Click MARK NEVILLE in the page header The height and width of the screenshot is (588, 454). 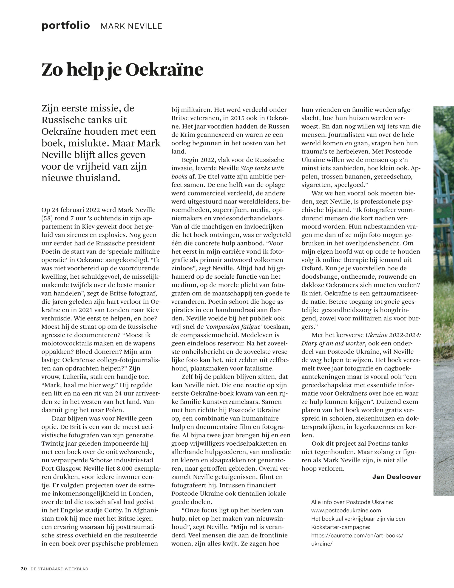pyautogui.click(x=131, y=26)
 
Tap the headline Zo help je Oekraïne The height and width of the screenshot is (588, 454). pyautogui.click(x=122, y=70)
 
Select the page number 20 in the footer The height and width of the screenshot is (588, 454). pyautogui.click(x=24, y=569)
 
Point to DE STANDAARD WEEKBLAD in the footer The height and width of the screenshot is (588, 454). pyautogui.click(x=59, y=569)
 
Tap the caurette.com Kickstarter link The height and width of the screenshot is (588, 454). pyautogui.click(x=357, y=535)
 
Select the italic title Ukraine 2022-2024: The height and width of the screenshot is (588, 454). pyautogui.click(x=393, y=335)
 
